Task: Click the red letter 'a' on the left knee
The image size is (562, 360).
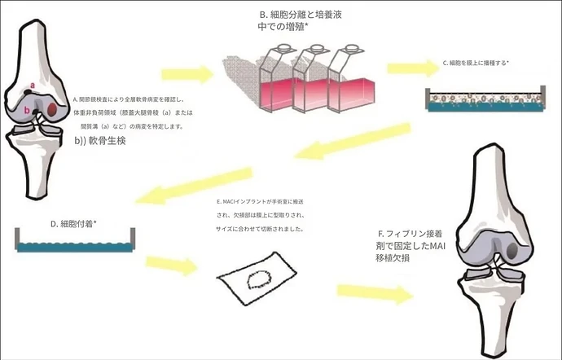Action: click(x=33, y=85)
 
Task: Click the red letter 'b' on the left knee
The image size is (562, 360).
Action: click(x=27, y=110)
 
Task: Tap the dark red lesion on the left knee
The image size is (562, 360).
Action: click(x=53, y=108)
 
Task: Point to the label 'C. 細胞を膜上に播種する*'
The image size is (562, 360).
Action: click(x=476, y=63)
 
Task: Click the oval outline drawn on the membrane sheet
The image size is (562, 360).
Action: click(x=261, y=282)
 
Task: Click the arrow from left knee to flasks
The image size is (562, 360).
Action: click(x=186, y=76)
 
